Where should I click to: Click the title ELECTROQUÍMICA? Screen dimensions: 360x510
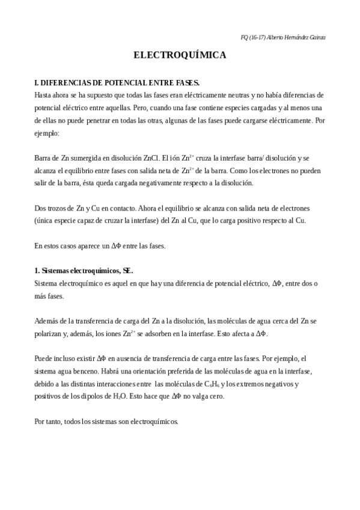[x=180, y=55]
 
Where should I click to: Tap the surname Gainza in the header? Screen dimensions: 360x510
[x=317, y=37]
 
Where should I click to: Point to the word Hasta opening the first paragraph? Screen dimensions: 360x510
[x=43, y=95]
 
